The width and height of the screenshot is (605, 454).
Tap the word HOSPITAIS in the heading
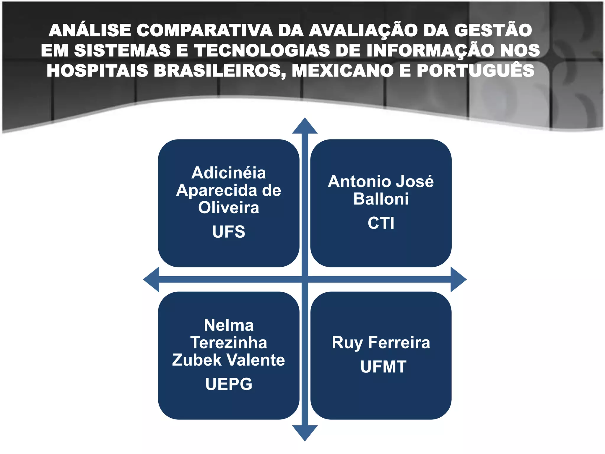tap(97, 71)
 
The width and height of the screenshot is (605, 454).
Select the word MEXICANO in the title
tap(343, 71)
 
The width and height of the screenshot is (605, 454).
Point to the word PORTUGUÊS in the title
tap(475, 71)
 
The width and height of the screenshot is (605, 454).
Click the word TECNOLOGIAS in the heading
tap(262, 50)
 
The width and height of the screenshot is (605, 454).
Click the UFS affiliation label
tap(229, 231)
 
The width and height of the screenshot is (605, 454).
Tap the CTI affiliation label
tap(381, 223)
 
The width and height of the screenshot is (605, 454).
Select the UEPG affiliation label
tap(229, 384)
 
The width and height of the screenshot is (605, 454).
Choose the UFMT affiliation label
tap(383, 367)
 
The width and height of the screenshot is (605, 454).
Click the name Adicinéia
tap(229, 173)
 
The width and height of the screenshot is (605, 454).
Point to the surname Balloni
tap(381, 199)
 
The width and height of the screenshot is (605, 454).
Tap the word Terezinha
tap(229, 343)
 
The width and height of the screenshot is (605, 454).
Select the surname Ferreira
tap(399, 343)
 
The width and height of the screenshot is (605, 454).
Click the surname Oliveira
tap(229, 207)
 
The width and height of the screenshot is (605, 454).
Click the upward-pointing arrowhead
tap(305, 127)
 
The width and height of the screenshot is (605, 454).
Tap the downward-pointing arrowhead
tap(305, 432)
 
